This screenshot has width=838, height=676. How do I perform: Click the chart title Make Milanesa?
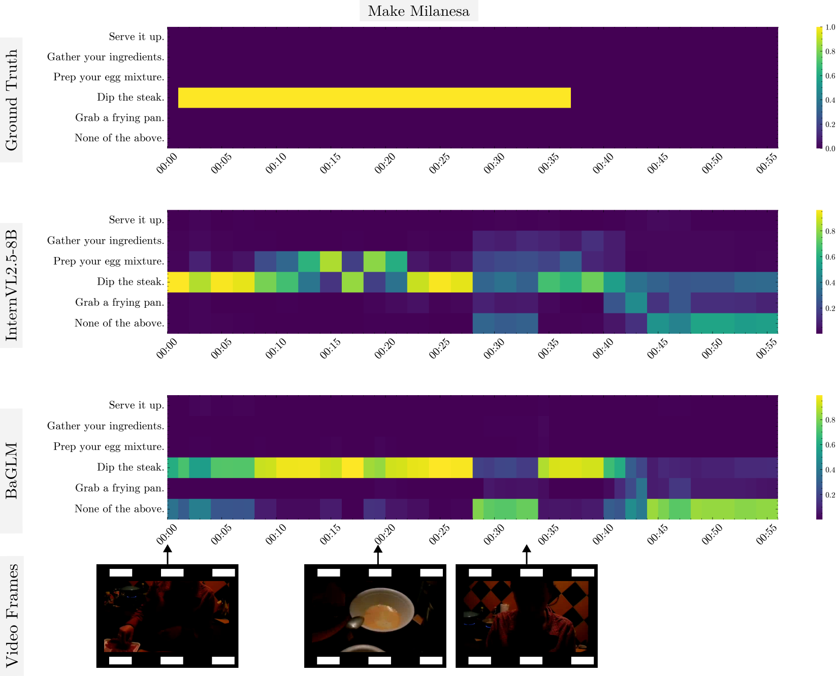tap(418, 11)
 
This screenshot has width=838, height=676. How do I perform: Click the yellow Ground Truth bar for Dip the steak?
tap(374, 98)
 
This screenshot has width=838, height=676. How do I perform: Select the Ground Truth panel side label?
tap(11, 100)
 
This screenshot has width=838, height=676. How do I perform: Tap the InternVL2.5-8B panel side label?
tap(11, 285)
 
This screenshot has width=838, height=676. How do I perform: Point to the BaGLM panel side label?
tap(11, 470)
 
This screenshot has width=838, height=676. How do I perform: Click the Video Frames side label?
tap(11, 615)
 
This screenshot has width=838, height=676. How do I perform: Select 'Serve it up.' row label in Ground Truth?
tap(136, 37)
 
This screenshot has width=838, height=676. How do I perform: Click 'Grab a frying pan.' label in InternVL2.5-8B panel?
tap(119, 303)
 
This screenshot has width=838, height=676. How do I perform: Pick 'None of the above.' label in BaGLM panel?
tap(119, 509)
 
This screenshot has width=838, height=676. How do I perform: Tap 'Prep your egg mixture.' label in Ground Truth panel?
tap(109, 77)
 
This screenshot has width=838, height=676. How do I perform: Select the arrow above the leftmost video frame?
tap(168, 555)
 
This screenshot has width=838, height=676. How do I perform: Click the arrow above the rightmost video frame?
tap(527, 555)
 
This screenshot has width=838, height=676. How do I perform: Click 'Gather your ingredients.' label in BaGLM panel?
tap(106, 426)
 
